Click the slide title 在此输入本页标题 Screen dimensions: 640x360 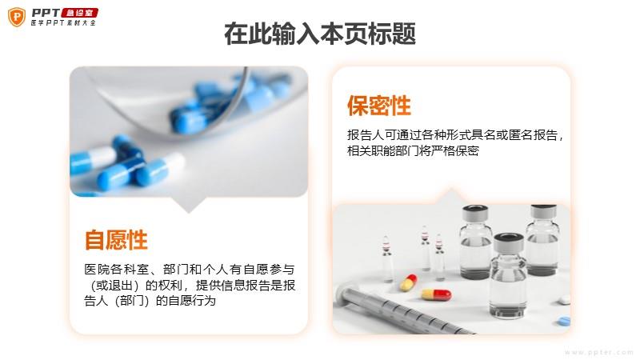pos(319,34)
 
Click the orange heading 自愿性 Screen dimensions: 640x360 pos(116,239)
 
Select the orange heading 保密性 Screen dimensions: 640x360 pos(378,106)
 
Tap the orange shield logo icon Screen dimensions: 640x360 pos(17,17)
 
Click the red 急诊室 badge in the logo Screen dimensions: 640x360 pos(80,13)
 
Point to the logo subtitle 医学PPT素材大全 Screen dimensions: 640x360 pos(63,23)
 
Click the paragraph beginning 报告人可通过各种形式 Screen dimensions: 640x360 pos(454,143)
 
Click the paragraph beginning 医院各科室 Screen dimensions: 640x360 pos(190,285)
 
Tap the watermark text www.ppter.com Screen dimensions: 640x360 pos(598,352)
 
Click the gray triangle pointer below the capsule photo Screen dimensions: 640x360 pos(189,205)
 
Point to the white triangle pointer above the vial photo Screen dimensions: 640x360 pos(450,195)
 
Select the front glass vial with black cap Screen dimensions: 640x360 pos(508,275)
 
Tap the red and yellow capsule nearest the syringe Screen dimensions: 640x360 pos(436,294)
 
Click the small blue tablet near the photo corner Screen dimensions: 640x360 pos(564,321)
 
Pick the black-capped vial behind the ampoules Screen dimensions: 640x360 pos(475,242)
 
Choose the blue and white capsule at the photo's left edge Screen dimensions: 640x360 pos(93,161)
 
